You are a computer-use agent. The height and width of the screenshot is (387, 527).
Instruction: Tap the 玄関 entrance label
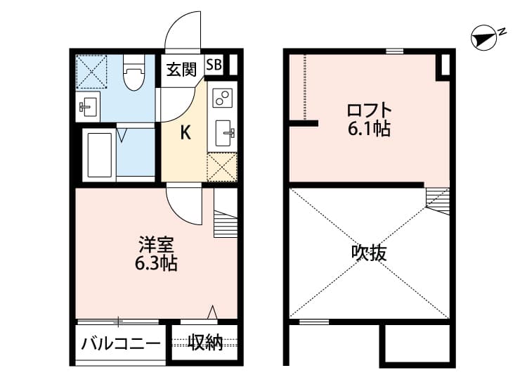point(181,69)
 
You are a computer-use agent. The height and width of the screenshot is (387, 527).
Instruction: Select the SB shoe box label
point(214,65)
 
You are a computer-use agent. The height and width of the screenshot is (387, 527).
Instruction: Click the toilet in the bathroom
point(132,75)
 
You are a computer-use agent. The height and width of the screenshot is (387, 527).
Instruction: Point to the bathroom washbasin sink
point(89,108)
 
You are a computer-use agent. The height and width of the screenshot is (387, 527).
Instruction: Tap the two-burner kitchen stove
point(222,97)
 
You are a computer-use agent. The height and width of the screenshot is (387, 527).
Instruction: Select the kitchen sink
point(226,132)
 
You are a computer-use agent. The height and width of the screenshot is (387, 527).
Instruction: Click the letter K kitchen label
point(186,132)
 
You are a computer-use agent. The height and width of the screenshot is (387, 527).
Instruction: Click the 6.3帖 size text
point(156,265)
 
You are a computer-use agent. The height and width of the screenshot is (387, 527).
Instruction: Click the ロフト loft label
point(368,110)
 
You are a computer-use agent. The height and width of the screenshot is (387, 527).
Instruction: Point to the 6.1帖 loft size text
point(368,129)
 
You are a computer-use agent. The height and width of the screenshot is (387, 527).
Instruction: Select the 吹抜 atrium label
point(369,253)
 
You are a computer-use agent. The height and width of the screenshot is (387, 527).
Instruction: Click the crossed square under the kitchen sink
point(223,167)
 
